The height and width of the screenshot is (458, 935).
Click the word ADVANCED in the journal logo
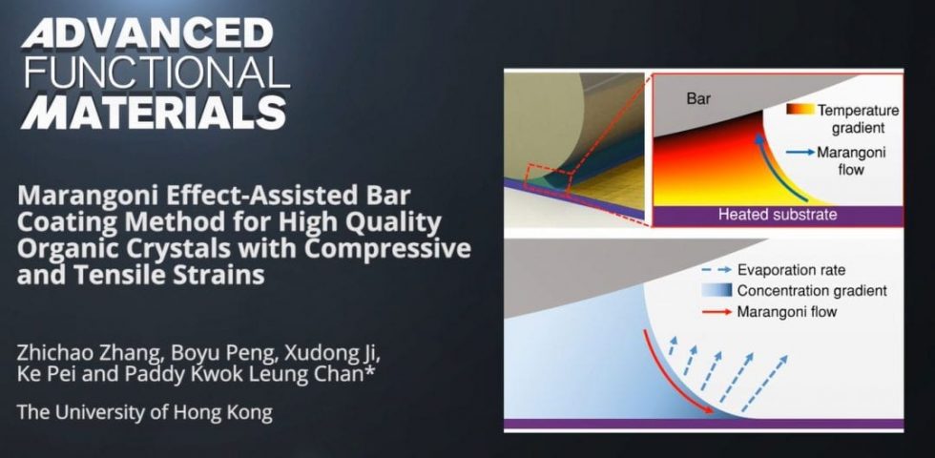[x=147, y=34]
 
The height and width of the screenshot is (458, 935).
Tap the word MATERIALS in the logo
[x=153, y=112]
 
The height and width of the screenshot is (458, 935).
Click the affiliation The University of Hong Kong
[x=144, y=413]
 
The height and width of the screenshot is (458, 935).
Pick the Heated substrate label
[x=777, y=215]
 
